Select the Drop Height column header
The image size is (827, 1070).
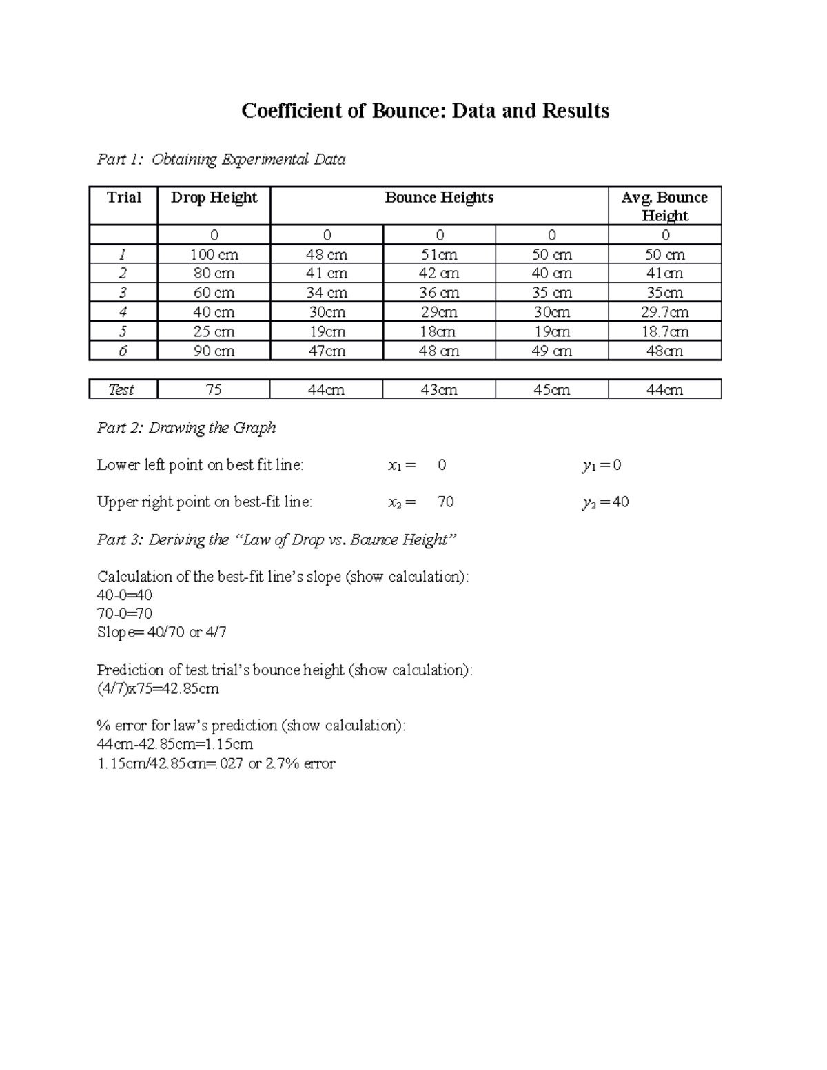click(x=214, y=198)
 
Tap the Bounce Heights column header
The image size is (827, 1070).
click(x=439, y=198)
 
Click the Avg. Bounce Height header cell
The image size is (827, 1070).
click(x=664, y=206)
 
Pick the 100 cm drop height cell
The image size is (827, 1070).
click(x=214, y=255)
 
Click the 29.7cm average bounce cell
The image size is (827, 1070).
click(x=664, y=313)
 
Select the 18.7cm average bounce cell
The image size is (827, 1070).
click(x=664, y=332)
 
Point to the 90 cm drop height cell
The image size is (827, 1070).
click(x=214, y=351)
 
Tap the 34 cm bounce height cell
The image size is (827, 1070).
click(x=327, y=294)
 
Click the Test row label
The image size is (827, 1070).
click(x=121, y=390)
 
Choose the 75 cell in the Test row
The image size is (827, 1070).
click(x=214, y=390)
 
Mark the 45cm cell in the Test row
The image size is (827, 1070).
click(x=551, y=390)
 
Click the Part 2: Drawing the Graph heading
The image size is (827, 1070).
click(x=186, y=428)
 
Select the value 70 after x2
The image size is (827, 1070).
click(x=445, y=502)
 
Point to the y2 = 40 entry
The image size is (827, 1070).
click(x=605, y=502)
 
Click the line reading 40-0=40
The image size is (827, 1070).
click(x=125, y=595)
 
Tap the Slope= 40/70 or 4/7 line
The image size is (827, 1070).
click(x=162, y=632)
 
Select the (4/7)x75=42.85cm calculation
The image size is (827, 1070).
click(x=158, y=688)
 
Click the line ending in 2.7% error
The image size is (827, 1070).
click(x=216, y=763)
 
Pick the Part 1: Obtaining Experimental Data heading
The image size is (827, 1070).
click(x=221, y=160)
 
